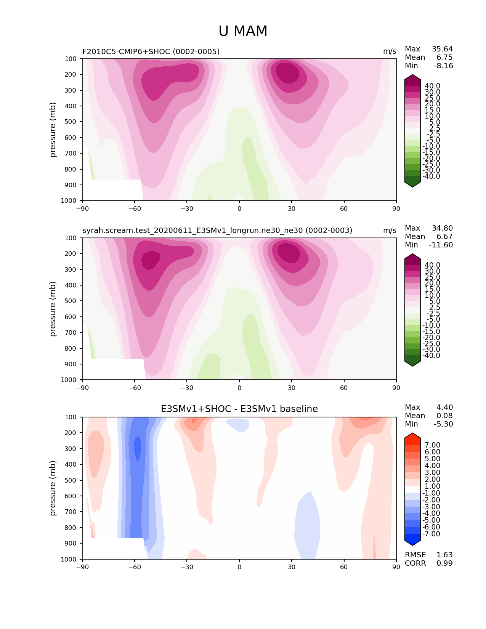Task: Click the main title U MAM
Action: [243, 31]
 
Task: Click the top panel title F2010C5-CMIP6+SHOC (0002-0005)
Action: [151, 51]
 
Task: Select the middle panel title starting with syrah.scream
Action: [217, 231]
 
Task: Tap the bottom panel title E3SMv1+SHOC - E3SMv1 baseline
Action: [239, 409]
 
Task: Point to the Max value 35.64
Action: [442, 49]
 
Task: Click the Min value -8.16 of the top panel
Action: [443, 66]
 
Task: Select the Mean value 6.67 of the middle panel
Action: [444, 237]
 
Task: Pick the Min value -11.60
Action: [441, 245]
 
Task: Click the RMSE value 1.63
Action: [444, 555]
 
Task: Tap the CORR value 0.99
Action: [444, 563]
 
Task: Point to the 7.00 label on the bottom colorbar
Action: [432, 445]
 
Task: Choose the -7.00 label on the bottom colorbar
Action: [431, 534]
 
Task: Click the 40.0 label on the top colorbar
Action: [432, 86]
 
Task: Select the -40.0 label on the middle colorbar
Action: [431, 356]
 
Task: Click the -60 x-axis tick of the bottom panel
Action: [135, 567]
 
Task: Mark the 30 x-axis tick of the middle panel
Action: [292, 388]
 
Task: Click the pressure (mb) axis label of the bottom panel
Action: [53, 488]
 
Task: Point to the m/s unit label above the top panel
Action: [390, 51]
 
